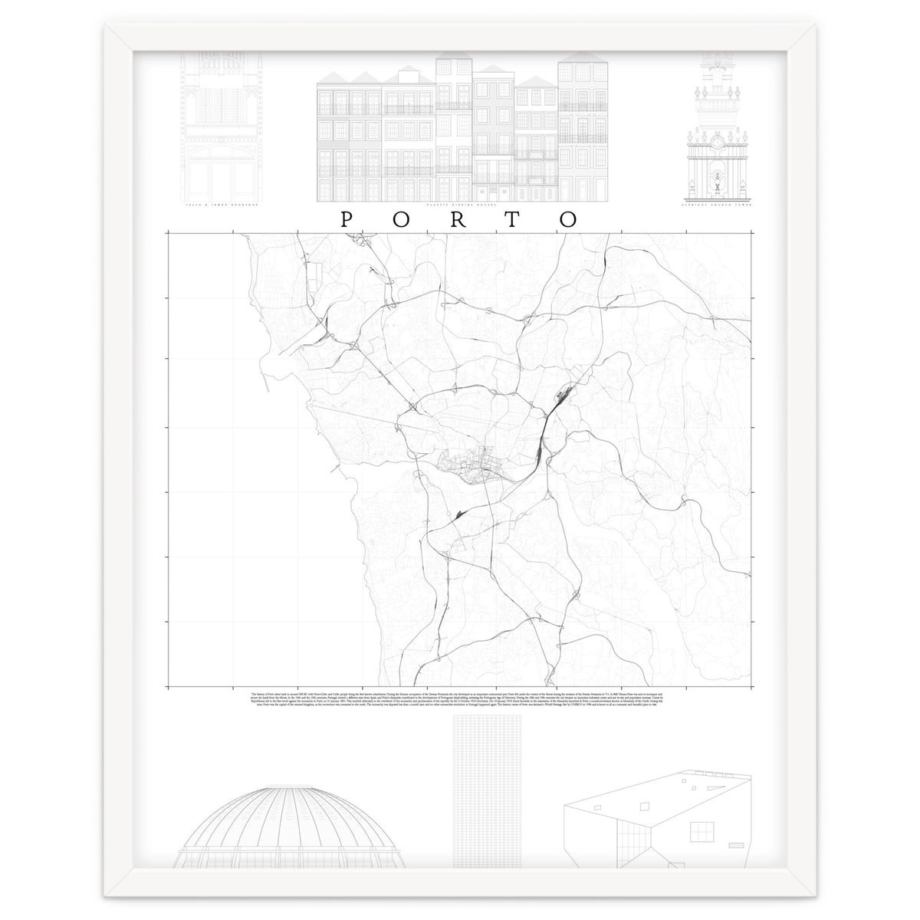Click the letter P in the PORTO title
pyautogui.click(x=346, y=219)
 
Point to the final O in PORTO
pyautogui.click(x=568, y=219)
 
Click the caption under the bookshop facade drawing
pyautogui.click(x=219, y=206)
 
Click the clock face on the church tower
pyautogui.click(x=716, y=142)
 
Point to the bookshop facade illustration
pyautogui.click(x=218, y=123)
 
